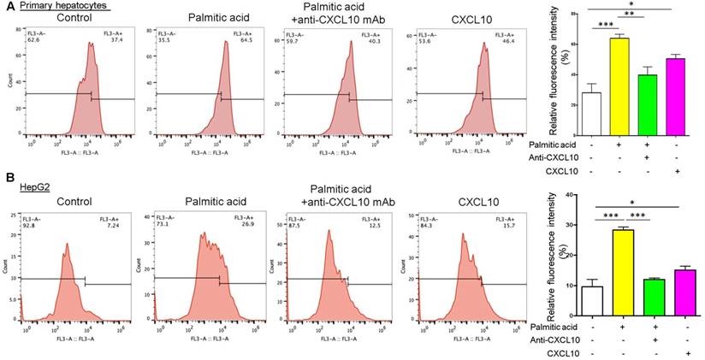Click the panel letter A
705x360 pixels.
[x=7, y=7]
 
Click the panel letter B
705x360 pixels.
[x=7, y=178]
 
